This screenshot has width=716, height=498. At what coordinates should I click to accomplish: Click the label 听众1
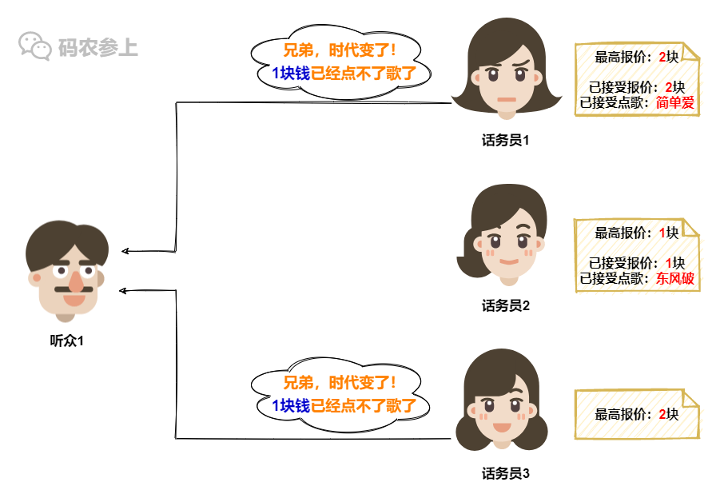(67, 341)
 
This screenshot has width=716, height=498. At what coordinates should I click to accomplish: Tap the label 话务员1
(506, 141)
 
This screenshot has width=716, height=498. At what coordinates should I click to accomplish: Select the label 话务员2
(506, 305)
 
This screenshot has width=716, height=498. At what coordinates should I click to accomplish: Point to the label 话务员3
(506, 473)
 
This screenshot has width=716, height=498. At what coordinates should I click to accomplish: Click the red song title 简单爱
(675, 102)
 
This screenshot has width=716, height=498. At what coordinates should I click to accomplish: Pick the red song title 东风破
(675, 279)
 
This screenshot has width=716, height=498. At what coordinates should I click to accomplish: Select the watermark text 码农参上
(97, 47)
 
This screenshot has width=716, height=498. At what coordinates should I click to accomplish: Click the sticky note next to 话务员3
(632, 414)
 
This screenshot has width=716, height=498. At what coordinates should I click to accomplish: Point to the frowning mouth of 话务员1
(505, 99)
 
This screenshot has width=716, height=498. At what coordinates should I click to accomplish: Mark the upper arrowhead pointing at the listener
(125, 252)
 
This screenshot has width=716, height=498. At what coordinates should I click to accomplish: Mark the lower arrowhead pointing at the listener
(123, 289)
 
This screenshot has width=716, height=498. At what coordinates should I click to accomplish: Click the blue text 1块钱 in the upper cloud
(291, 74)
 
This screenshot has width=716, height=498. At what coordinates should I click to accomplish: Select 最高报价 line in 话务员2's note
(636, 233)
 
